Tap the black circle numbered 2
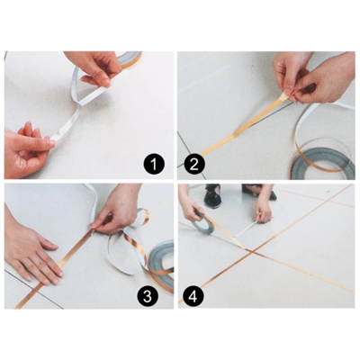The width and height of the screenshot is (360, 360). (x=193, y=164)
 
